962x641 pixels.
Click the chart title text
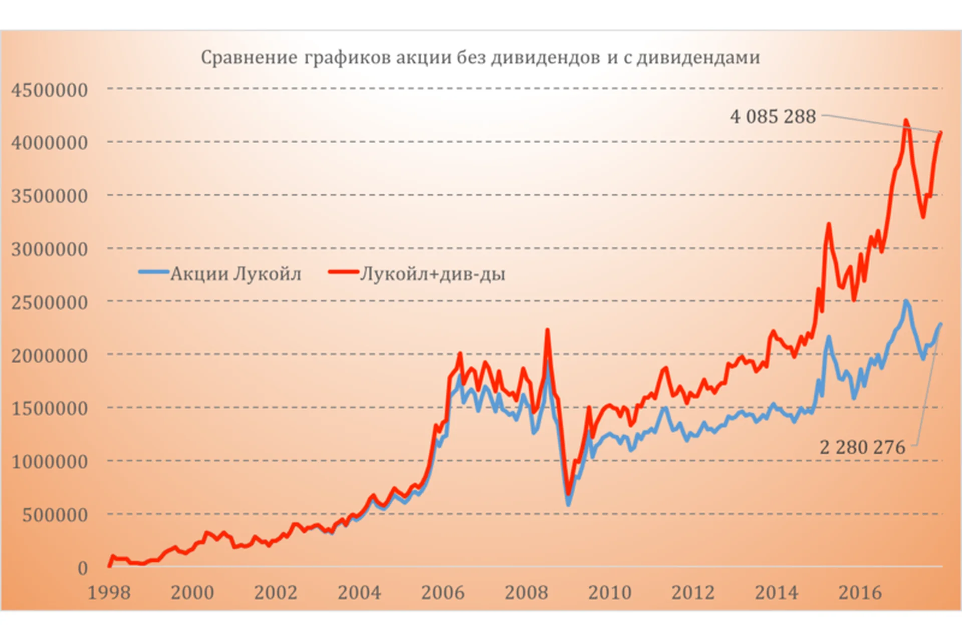[x=480, y=58]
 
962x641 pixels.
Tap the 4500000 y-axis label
[x=50, y=90]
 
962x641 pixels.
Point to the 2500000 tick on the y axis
[x=50, y=302]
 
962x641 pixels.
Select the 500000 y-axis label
[x=55, y=515]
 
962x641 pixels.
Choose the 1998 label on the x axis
[x=109, y=593]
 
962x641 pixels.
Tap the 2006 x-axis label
[x=443, y=593]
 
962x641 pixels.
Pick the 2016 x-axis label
[x=860, y=593]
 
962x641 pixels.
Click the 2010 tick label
[x=610, y=593]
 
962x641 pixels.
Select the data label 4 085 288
[x=773, y=117]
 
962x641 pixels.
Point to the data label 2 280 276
[x=862, y=447]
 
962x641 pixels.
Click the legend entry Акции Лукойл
[x=235, y=274]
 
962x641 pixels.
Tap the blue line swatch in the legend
[x=153, y=272]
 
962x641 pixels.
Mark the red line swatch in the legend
[x=344, y=272]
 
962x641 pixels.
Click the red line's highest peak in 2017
[x=905, y=121]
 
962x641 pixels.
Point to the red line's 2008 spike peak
[x=547, y=330]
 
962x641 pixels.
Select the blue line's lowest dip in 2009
[x=568, y=503]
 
